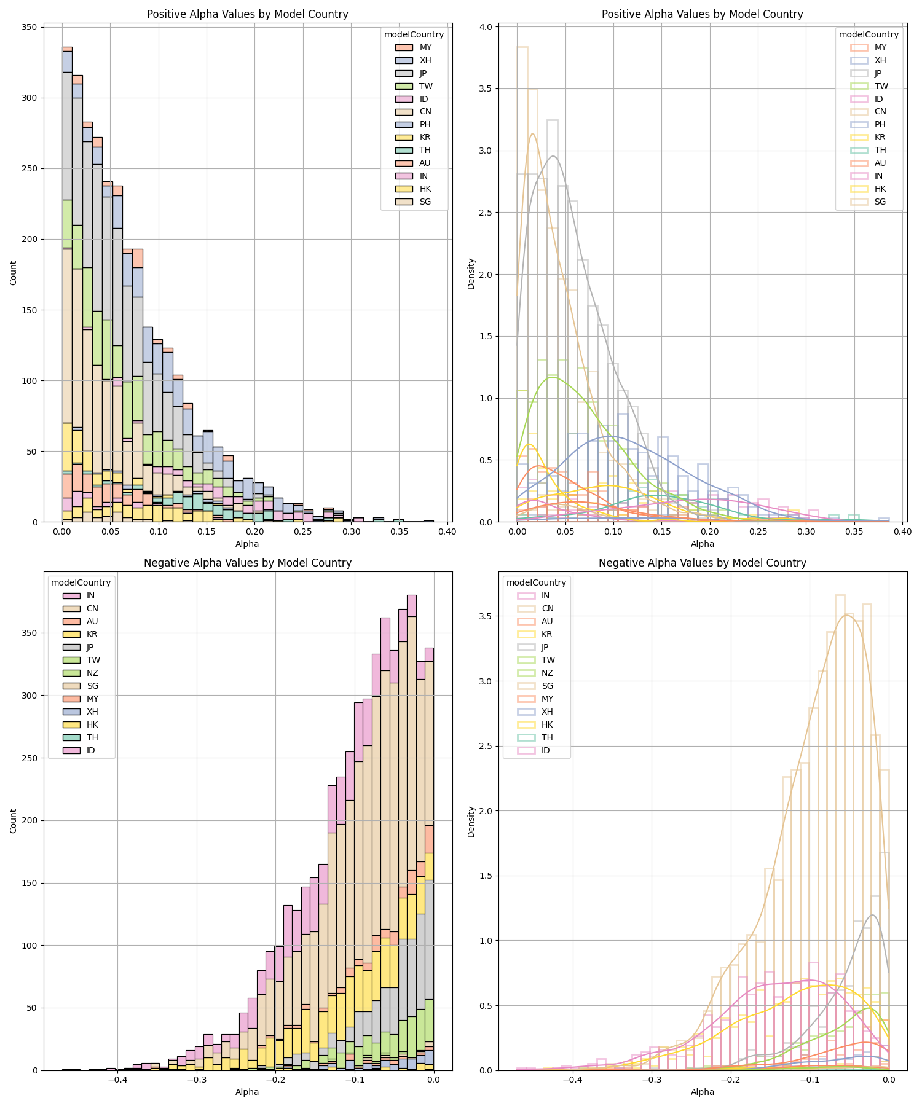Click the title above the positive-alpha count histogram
coord(247,14)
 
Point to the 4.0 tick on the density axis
coord(486,27)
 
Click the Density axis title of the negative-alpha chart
coord(471,822)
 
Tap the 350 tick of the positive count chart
coord(30,27)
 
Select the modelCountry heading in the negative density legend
coord(536,582)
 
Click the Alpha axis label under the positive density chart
coord(703,544)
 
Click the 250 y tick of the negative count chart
coord(30,758)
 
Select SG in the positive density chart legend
coord(880,202)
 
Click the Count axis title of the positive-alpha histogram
coord(14,272)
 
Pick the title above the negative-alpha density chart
coord(703,563)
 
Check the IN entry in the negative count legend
coord(91,595)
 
